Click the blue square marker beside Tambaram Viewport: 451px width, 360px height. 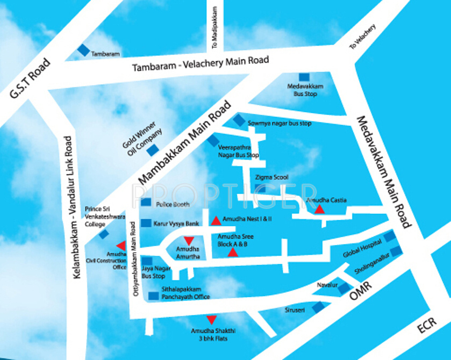83,50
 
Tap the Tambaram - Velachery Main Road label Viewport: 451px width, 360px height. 201,64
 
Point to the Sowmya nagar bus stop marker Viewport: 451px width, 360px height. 238,121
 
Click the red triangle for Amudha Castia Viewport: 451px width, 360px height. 319,210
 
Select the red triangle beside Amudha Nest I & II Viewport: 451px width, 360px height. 215,220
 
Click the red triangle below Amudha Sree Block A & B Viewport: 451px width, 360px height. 232,252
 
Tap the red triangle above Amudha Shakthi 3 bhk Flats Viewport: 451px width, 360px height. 212,319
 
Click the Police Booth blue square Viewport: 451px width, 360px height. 146,203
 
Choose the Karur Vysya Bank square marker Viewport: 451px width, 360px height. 146,222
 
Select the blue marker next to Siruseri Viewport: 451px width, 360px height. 319,307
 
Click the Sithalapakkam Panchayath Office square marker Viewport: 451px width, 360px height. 154,295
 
